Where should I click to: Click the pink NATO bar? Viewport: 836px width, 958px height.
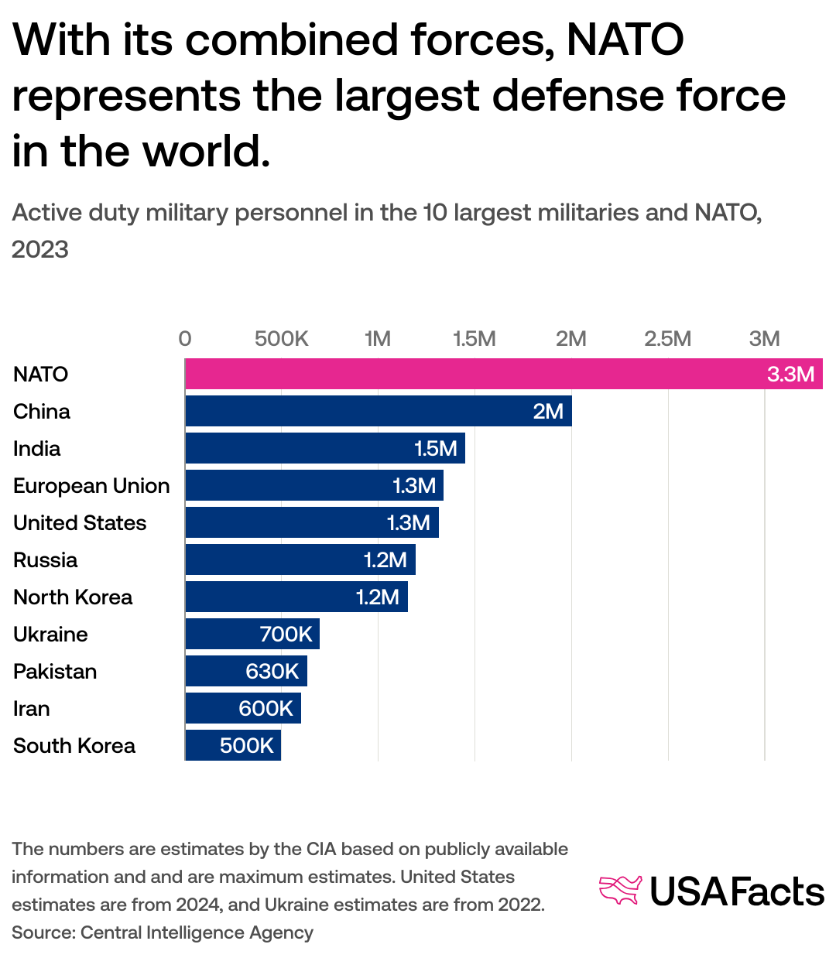pos(464,374)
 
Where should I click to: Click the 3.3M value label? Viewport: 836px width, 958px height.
pos(790,375)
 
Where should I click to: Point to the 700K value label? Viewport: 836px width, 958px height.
pos(286,635)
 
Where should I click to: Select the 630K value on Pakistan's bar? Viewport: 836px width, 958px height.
pos(272,671)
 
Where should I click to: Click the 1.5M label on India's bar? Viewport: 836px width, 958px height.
pos(436,449)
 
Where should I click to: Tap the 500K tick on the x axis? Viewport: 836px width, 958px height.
pos(282,339)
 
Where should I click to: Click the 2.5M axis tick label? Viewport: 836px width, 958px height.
pos(667,339)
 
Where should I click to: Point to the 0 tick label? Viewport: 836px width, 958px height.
pos(185,339)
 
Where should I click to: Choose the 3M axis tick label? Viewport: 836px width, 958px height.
pos(764,339)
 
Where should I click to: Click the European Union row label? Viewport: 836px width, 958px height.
pos(91,486)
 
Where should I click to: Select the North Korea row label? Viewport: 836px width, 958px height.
pos(73,597)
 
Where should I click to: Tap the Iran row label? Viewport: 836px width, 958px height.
pos(32,709)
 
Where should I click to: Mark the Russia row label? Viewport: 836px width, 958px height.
pos(46,560)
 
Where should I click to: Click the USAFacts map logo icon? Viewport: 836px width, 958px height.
pos(621,891)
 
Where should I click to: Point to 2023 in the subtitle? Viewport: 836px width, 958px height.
pos(40,249)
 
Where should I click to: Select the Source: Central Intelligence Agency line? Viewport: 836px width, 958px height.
pos(163,932)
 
